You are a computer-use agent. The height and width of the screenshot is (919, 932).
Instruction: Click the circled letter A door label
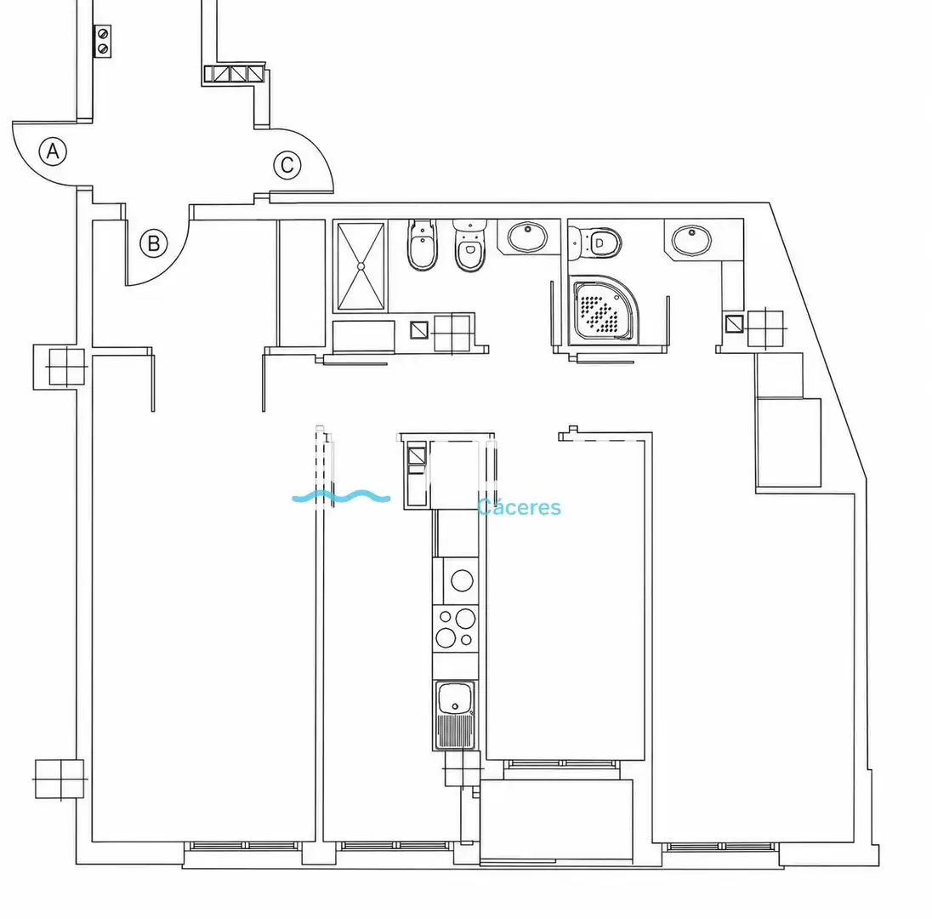(x=53, y=151)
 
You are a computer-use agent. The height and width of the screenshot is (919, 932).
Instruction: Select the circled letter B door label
(x=153, y=243)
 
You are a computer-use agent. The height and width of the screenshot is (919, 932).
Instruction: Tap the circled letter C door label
(x=287, y=165)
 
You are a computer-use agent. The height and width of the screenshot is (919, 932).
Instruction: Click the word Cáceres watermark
(x=519, y=507)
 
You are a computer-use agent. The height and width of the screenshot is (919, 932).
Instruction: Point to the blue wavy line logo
(x=341, y=496)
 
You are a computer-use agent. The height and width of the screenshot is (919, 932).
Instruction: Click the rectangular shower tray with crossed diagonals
(x=361, y=266)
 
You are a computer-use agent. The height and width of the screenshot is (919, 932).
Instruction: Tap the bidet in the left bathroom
(x=422, y=244)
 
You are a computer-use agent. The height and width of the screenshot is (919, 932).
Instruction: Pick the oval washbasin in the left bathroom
(x=527, y=237)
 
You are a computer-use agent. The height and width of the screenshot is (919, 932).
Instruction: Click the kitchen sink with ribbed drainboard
(x=455, y=715)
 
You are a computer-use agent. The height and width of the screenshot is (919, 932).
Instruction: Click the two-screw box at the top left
(x=103, y=41)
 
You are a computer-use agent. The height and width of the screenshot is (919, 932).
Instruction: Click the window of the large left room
(x=245, y=846)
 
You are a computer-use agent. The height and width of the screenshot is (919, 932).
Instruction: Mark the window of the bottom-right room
(x=721, y=847)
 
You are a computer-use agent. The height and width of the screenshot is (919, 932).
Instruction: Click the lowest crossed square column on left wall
(x=60, y=779)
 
